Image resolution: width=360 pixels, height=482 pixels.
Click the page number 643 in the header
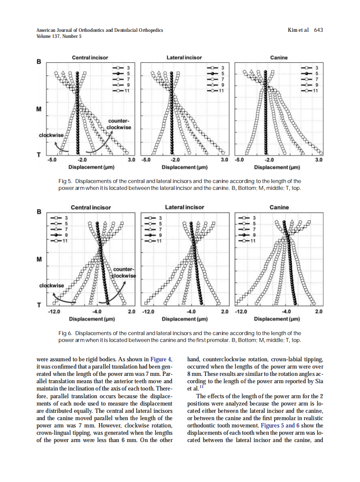(318, 30)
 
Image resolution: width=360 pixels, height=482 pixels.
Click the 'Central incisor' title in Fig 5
(90, 58)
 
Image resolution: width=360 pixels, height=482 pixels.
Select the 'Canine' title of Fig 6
(279, 207)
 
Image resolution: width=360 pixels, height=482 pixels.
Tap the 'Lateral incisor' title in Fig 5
(184, 58)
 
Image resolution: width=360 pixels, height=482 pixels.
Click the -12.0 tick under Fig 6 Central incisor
(54, 311)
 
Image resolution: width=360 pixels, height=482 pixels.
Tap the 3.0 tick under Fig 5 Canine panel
(318, 160)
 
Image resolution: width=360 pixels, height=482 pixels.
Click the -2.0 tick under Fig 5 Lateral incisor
(175, 160)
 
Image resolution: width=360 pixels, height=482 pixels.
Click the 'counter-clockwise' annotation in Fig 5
(119, 125)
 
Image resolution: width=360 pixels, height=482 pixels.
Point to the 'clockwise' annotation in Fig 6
(51, 286)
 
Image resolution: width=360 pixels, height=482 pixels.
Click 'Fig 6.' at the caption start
(65, 333)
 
